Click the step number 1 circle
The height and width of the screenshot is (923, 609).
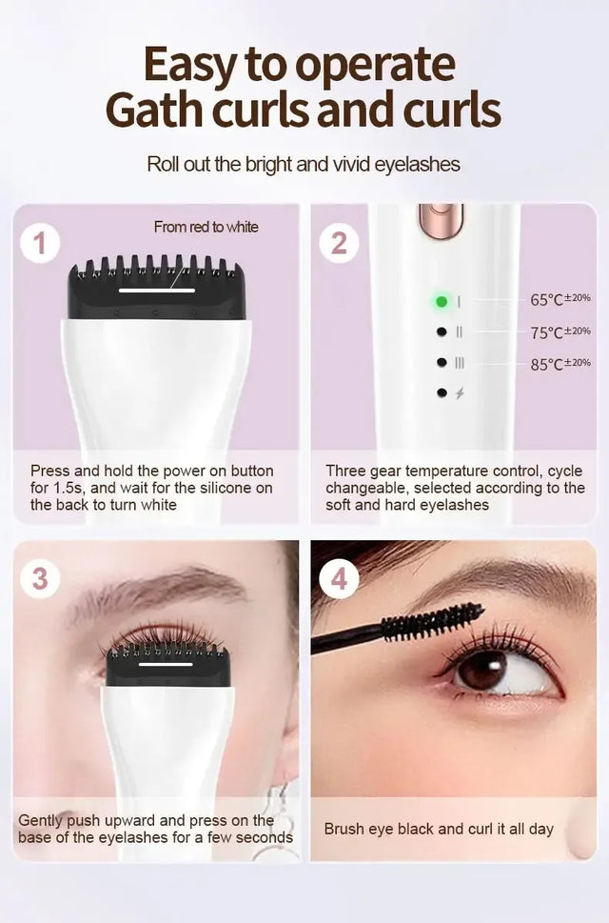[x=39, y=244]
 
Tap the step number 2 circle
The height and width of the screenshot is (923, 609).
[x=339, y=244]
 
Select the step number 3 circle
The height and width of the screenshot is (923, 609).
[x=39, y=578]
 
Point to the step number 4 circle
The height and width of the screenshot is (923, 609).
[x=339, y=578]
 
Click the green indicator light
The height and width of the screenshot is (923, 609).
[x=442, y=301]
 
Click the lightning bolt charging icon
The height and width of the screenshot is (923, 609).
[x=460, y=392]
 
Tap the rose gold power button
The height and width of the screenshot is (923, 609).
[x=441, y=219]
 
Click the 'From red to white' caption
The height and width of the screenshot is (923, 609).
[x=206, y=227]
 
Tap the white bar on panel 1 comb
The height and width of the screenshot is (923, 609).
[x=157, y=290]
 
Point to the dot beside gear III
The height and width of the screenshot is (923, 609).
[x=442, y=362]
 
